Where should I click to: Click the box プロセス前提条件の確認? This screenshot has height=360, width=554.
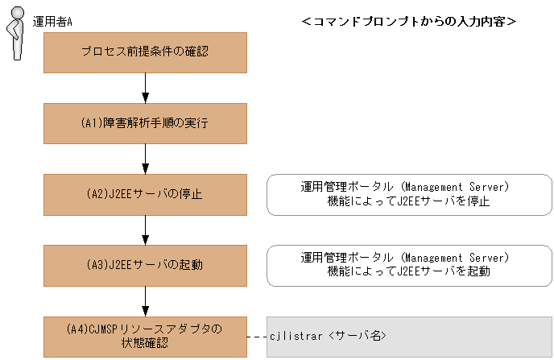145,52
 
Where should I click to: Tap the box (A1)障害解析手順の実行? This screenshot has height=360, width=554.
145,123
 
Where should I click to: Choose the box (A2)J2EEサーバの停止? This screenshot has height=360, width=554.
145,194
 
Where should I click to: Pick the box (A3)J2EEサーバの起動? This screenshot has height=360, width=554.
145,265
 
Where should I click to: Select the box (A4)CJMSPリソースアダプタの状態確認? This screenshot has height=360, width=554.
145,336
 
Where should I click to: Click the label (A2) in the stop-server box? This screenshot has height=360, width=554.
97,194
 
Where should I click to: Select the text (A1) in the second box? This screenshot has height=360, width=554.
90,123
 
